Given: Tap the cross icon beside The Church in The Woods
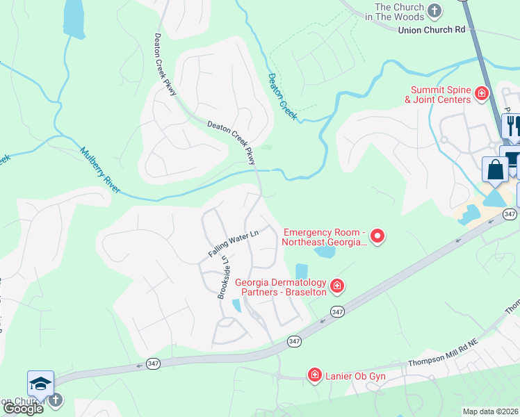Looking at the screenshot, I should click(x=434, y=10).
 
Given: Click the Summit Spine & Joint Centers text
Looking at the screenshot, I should click(x=441, y=95).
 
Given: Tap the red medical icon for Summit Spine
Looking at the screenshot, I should click(x=480, y=92).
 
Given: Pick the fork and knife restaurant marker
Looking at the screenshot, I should click(x=513, y=126).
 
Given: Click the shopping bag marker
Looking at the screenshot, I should click(x=495, y=170).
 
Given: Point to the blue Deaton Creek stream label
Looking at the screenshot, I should click(x=282, y=97).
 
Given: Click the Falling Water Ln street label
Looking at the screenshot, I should click(x=233, y=245).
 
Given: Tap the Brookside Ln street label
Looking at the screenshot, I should click(x=225, y=278).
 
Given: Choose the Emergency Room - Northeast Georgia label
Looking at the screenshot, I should click(x=323, y=237).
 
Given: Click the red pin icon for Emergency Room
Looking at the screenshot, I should click(x=377, y=237).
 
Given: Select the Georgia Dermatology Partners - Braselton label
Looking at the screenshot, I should click(x=281, y=287).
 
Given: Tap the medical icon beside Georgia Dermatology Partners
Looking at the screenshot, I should click(x=337, y=286).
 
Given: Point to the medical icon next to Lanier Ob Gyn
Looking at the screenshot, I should click(x=314, y=375).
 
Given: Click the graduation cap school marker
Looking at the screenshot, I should click(x=40, y=384).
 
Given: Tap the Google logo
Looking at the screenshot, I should click(x=24, y=409).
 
